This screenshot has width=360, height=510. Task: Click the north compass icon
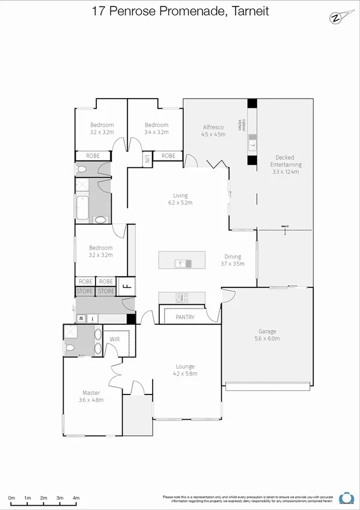point(336,17)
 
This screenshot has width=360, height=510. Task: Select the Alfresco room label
point(213,131)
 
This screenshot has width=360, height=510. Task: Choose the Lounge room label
point(185,370)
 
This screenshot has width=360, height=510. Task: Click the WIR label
point(115,340)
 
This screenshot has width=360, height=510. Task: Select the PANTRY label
point(185,317)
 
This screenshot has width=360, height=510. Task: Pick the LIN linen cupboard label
point(146,159)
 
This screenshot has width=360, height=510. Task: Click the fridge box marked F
point(126,286)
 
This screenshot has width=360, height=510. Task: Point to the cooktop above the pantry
point(182,297)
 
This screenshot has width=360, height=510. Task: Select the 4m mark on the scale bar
point(76,498)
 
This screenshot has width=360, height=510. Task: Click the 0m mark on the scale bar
point(11,498)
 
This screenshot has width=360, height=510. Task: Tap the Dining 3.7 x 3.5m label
point(232,260)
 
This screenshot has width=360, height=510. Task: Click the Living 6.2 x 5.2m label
point(180,199)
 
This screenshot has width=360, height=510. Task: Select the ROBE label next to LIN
point(169,156)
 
